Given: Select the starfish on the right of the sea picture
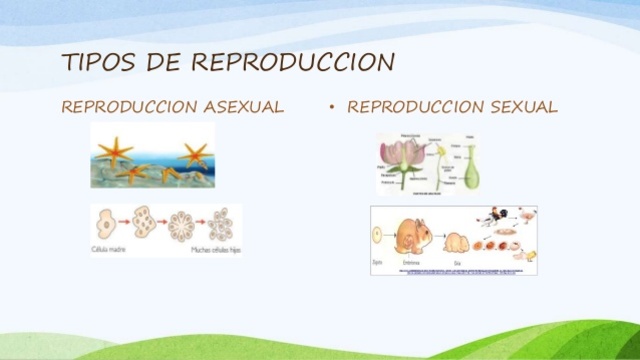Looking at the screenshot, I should (194, 154).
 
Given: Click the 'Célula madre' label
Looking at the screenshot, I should (110, 246).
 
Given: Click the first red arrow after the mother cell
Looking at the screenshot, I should (125, 220).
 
